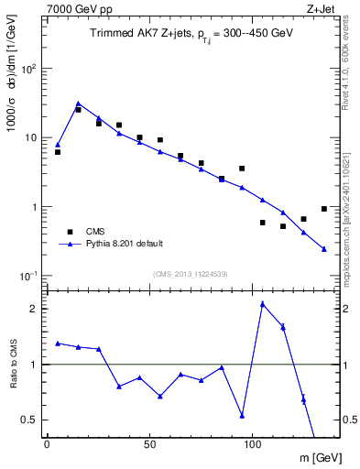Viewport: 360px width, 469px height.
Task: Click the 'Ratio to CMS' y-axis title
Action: pyautogui.click(x=13, y=365)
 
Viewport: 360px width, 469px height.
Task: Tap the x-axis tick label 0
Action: pyautogui.click(x=47, y=444)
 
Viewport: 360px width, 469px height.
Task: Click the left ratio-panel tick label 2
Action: pyautogui.click(x=34, y=309)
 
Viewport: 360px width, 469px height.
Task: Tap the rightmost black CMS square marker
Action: pyautogui.click(x=324, y=209)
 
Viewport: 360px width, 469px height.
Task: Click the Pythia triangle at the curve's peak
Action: pyautogui.click(x=78, y=104)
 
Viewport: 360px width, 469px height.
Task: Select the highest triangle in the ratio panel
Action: pyautogui.click(x=263, y=303)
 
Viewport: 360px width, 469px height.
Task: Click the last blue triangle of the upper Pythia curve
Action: pyautogui.click(x=324, y=248)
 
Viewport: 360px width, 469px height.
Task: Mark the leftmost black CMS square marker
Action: pyautogui.click(x=58, y=152)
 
